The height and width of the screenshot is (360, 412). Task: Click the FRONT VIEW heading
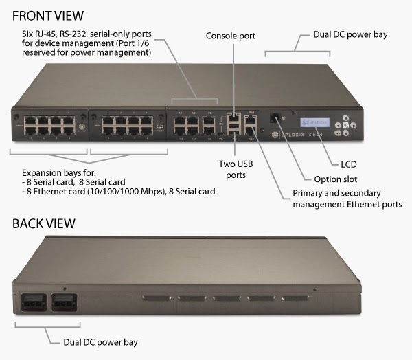pyautogui.click(x=47, y=14)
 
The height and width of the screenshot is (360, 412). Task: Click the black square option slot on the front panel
pyautogui.click(x=275, y=117)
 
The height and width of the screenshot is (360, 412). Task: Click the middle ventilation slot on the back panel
pyautogui.click(x=226, y=299)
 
